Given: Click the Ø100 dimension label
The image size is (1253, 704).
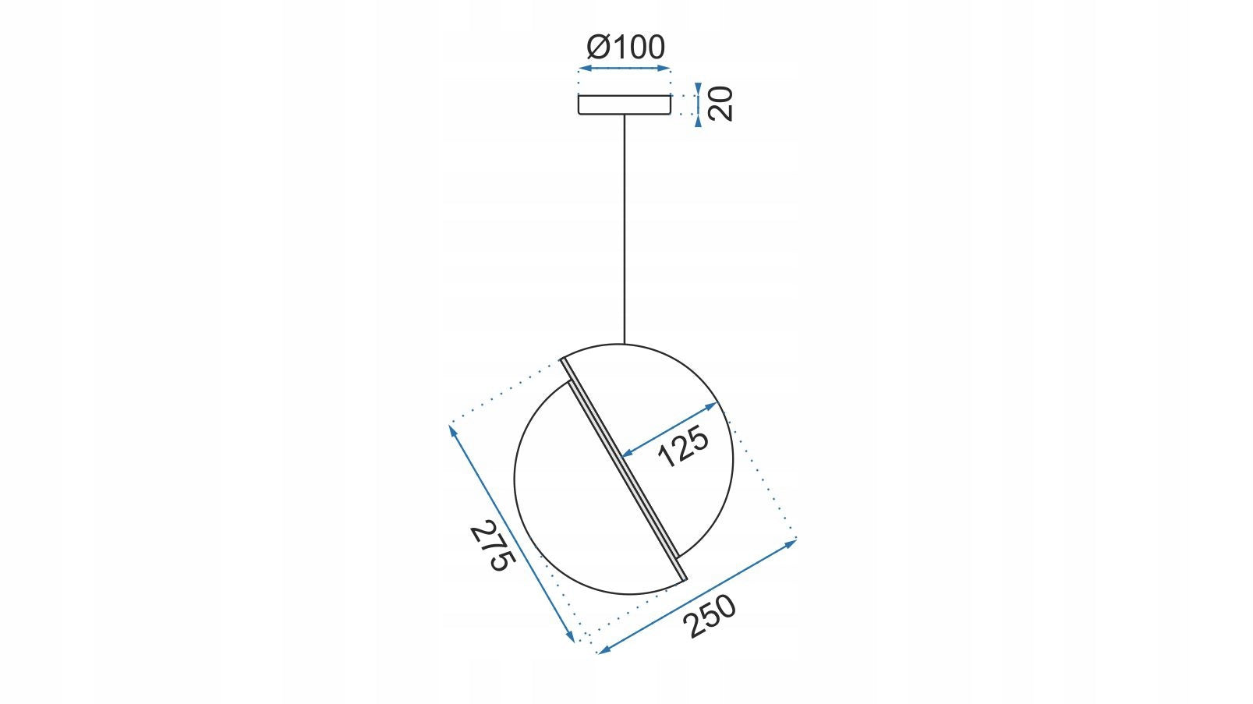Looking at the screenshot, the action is pyautogui.click(x=625, y=47).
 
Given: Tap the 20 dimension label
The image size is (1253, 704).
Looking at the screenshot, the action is pyautogui.click(x=720, y=104).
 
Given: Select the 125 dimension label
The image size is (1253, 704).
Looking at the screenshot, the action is pyautogui.click(x=683, y=446).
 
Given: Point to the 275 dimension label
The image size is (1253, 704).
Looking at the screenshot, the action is pyautogui.click(x=492, y=546).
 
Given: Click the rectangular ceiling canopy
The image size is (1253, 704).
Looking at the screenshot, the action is pyautogui.click(x=625, y=105).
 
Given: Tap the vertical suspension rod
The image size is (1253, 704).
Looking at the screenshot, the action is pyautogui.click(x=625, y=229).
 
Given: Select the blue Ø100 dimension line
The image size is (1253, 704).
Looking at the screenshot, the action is pyautogui.click(x=625, y=69).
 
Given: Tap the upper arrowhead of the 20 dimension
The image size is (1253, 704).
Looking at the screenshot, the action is pyautogui.click(x=698, y=89).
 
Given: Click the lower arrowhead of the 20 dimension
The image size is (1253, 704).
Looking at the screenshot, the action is pyautogui.click(x=698, y=120).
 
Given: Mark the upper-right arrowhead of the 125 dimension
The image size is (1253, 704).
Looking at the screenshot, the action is pyautogui.click(x=712, y=405).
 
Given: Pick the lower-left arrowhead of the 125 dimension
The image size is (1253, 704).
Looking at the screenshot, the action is pyautogui.click(x=628, y=454).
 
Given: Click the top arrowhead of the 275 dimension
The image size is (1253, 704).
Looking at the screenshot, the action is pyautogui.click(x=452, y=430).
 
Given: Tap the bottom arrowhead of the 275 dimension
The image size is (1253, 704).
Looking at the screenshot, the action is pyautogui.click(x=571, y=637).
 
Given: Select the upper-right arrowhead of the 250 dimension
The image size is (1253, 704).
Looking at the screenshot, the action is pyautogui.click(x=791, y=542).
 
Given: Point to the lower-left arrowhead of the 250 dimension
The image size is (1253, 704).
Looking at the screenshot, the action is pyautogui.click(x=604, y=650).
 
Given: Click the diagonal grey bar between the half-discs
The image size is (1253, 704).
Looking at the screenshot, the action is pyautogui.click(x=624, y=469).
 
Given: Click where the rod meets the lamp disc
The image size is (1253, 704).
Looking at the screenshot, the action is pyautogui.click(x=625, y=344).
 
